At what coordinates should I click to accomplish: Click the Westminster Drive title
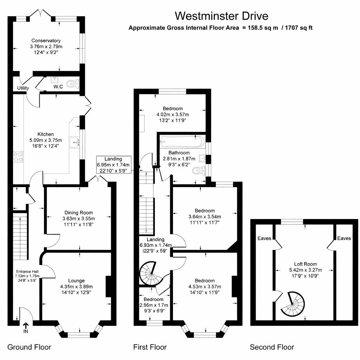click(x=221, y=16)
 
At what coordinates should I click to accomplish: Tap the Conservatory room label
click(x=46, y=41)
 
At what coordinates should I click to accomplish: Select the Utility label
click(x=23, y=88)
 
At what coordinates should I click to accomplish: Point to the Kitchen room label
click(x=46, y=134)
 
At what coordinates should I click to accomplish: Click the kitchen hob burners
click(x=19, y=156)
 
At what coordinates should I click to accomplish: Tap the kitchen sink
click(x=75, y=142)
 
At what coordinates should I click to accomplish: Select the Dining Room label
click(x=78, y=212)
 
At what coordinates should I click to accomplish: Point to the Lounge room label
click(x=76, y=281)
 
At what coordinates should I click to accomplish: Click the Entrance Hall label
click(x=27, y=271)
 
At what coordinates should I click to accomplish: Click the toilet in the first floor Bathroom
click(x=199, y=171)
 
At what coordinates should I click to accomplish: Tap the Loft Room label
click(x=305, y=264)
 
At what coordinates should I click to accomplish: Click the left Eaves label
click(x=264, y=238)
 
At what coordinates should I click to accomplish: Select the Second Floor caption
click(x=272, y=347)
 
